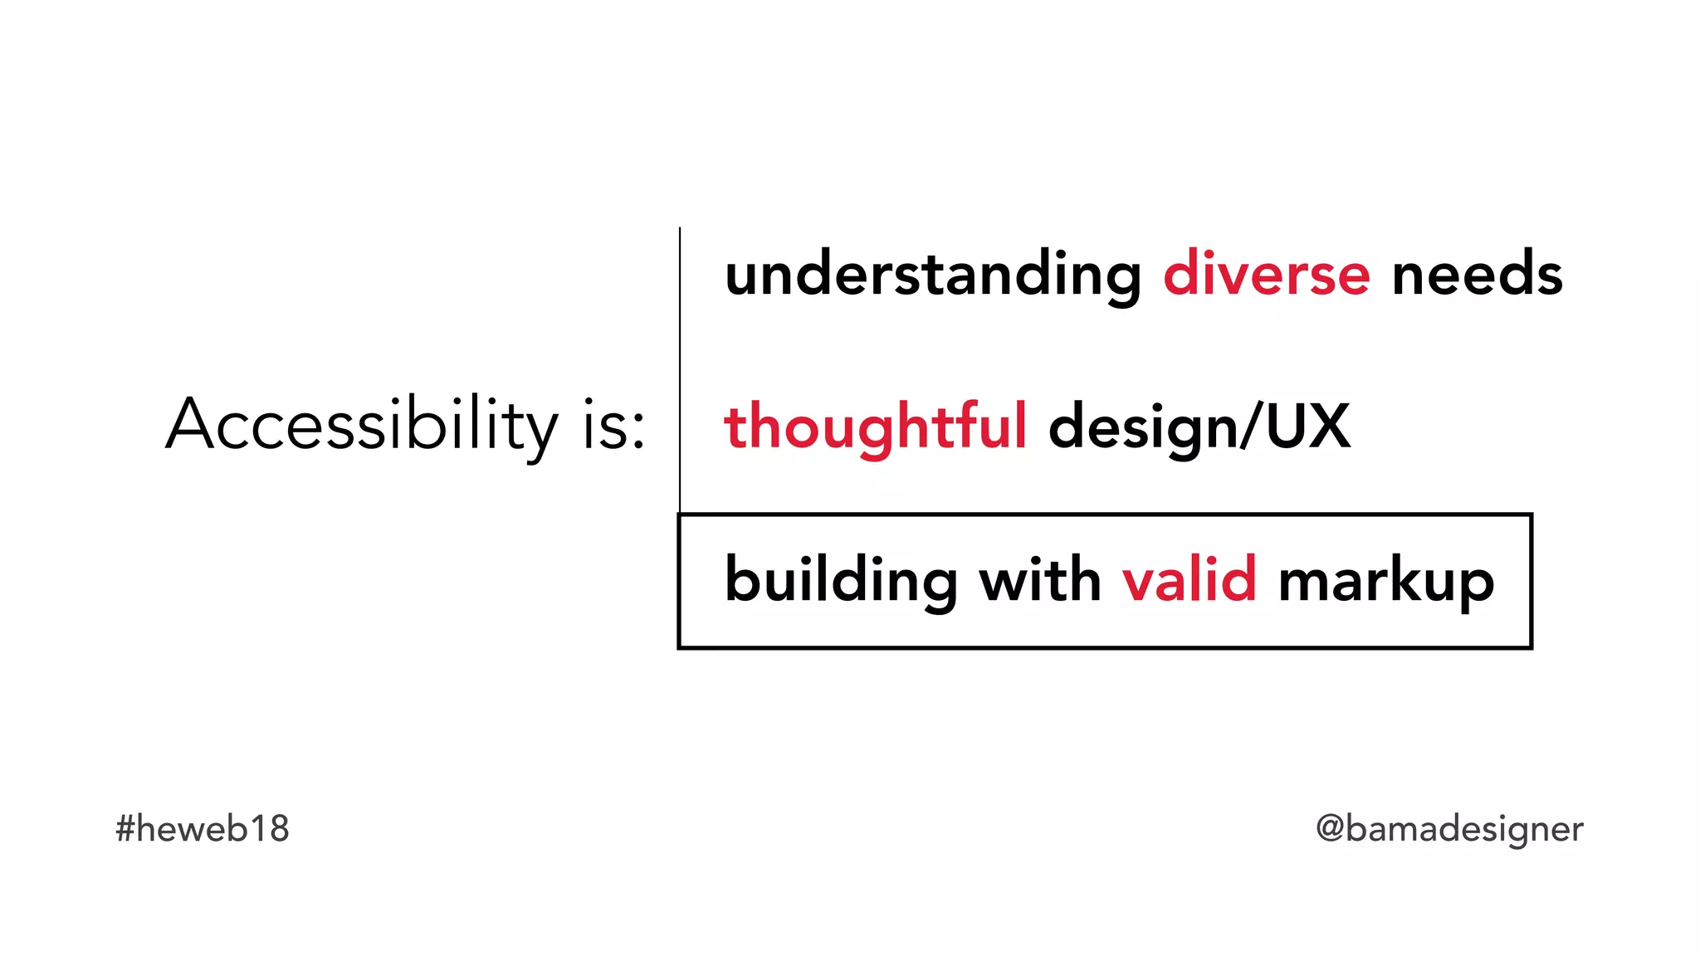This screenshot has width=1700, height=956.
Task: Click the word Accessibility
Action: (362, 425)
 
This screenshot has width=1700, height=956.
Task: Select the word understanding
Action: (933, 275)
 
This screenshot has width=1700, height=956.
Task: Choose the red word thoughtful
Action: (876, 427)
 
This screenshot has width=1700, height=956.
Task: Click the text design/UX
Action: (1199, 427)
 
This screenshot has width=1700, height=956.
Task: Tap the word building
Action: (841, 580)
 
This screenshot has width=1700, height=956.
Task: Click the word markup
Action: (1386, 581)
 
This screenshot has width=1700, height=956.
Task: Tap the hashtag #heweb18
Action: (203, 828)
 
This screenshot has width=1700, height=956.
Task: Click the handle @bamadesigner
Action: (1449, 829)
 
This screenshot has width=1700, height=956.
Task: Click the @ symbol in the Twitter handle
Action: (1330, 828)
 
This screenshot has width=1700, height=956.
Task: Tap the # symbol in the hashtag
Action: (125, 828)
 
